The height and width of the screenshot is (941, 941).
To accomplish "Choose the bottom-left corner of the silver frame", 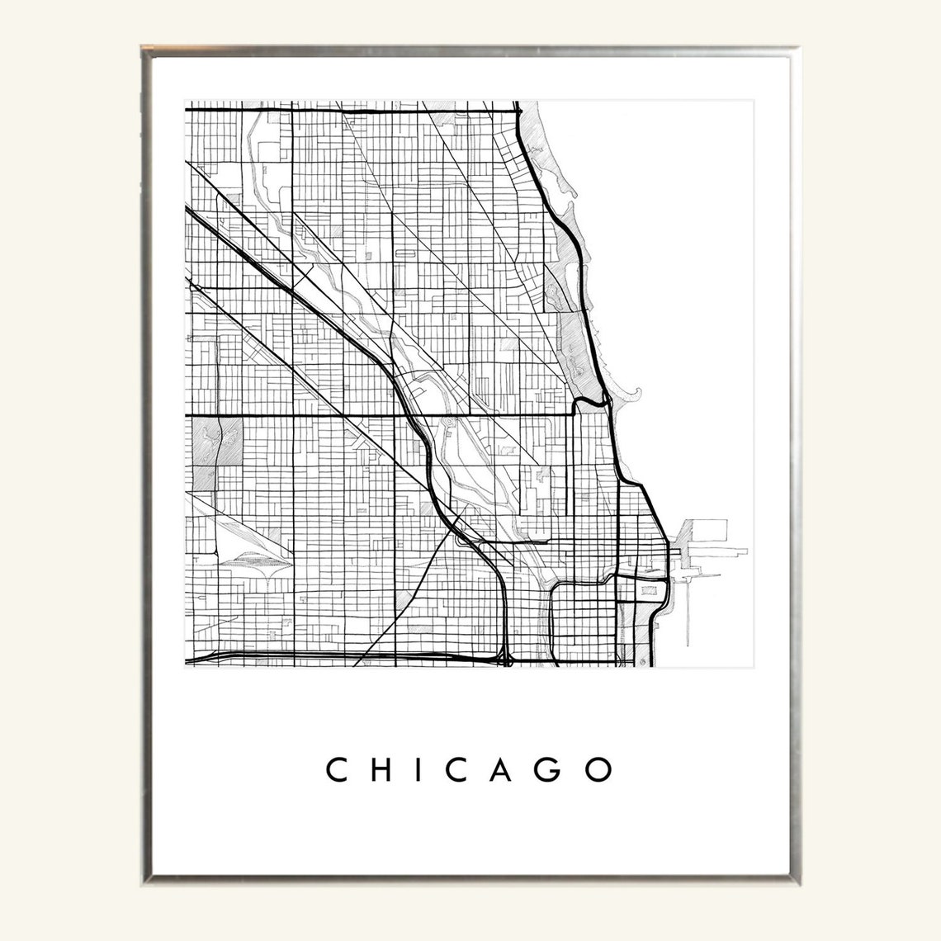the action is (142, 888).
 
